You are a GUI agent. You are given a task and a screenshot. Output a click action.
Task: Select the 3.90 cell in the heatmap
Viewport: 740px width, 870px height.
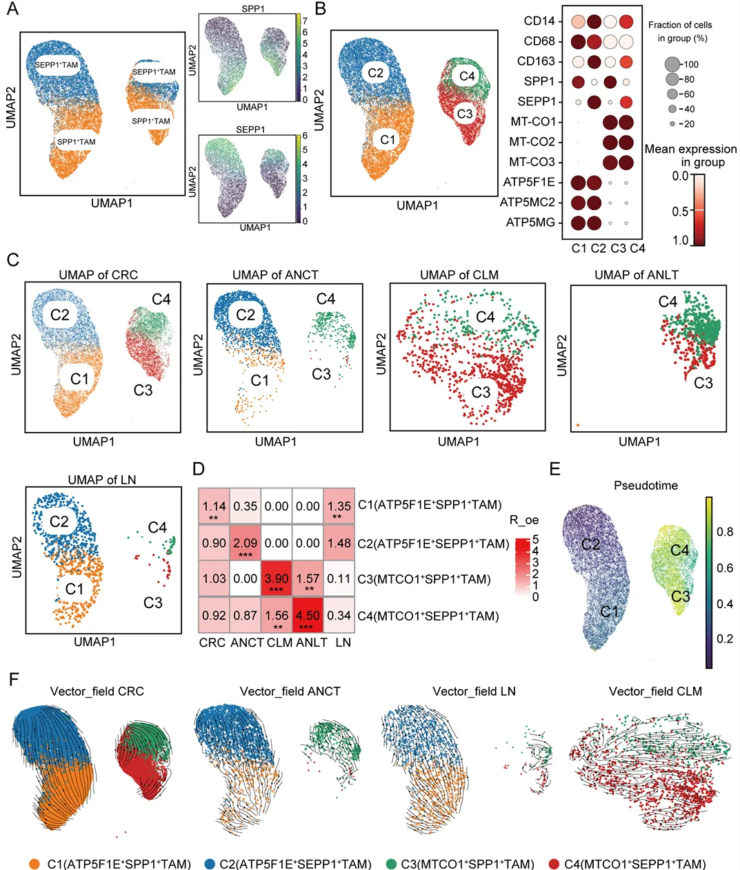point(277,579)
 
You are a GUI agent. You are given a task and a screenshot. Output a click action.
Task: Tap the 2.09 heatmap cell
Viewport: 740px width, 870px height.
point(246,543)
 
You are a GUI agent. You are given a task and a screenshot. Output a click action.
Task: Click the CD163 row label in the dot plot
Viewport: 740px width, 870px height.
point(536,61)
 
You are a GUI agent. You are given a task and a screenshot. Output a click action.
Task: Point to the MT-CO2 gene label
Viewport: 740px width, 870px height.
point(532,142)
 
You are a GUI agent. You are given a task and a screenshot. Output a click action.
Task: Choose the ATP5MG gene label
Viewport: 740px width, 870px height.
point(530,222)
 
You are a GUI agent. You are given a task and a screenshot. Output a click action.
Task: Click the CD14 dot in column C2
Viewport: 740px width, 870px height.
point(594,21)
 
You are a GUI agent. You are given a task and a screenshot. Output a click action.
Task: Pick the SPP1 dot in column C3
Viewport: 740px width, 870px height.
point(610,82)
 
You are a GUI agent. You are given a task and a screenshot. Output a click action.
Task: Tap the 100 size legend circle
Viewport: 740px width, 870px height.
point(672,64)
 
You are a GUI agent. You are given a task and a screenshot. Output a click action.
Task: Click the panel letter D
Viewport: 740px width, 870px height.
point(199,469)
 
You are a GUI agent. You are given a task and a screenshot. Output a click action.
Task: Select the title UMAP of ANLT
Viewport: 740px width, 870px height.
point(637,275)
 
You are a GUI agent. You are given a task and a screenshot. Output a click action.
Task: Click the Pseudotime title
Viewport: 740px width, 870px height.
point(646,486)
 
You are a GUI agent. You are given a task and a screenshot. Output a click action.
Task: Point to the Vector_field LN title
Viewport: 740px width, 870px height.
point(474,691)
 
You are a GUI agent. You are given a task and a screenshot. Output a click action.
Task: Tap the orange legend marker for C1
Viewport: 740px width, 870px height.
point(34,864)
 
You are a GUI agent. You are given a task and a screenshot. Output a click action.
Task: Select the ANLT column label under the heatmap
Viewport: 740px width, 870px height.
point(312,642)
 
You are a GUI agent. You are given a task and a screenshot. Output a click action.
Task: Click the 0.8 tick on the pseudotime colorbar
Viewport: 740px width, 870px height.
point(725,532)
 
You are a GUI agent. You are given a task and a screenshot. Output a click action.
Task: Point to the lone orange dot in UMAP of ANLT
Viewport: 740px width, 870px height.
point(578,425)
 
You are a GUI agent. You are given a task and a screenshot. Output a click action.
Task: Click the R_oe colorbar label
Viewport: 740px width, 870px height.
point(524,520)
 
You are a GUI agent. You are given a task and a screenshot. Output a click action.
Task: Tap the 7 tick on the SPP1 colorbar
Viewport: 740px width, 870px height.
point(305,21)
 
